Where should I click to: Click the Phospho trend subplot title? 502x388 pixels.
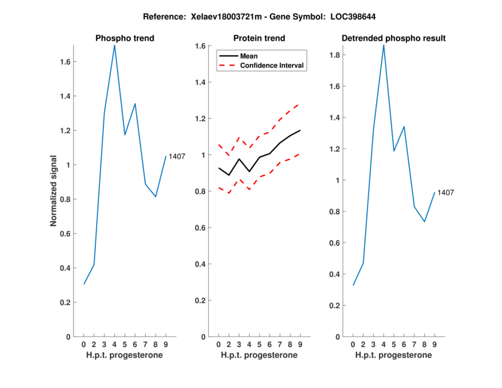pos(124,38)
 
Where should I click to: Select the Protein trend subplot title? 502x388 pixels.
pos(259,38)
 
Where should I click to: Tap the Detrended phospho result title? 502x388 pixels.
pos(393,38)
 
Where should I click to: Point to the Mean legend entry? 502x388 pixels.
pos(249,56)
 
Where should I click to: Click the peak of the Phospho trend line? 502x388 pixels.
pos(114,45)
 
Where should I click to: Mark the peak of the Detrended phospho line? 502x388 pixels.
pos(383,45)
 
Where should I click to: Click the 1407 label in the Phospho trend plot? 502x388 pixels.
pos(177,156)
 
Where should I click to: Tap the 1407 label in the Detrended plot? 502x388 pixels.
pos(446,192)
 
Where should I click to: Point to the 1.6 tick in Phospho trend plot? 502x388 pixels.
pos(65,62)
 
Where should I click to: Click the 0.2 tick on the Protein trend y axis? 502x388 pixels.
pos(200,301)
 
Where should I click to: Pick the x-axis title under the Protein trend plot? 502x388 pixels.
pos(259,355)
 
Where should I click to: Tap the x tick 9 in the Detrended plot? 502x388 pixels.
pos(434,344)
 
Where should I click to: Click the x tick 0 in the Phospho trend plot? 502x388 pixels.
pos(83,344)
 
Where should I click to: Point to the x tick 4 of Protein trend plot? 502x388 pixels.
pos(249,344)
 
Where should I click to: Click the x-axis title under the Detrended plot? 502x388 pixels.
pos(393,355)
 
